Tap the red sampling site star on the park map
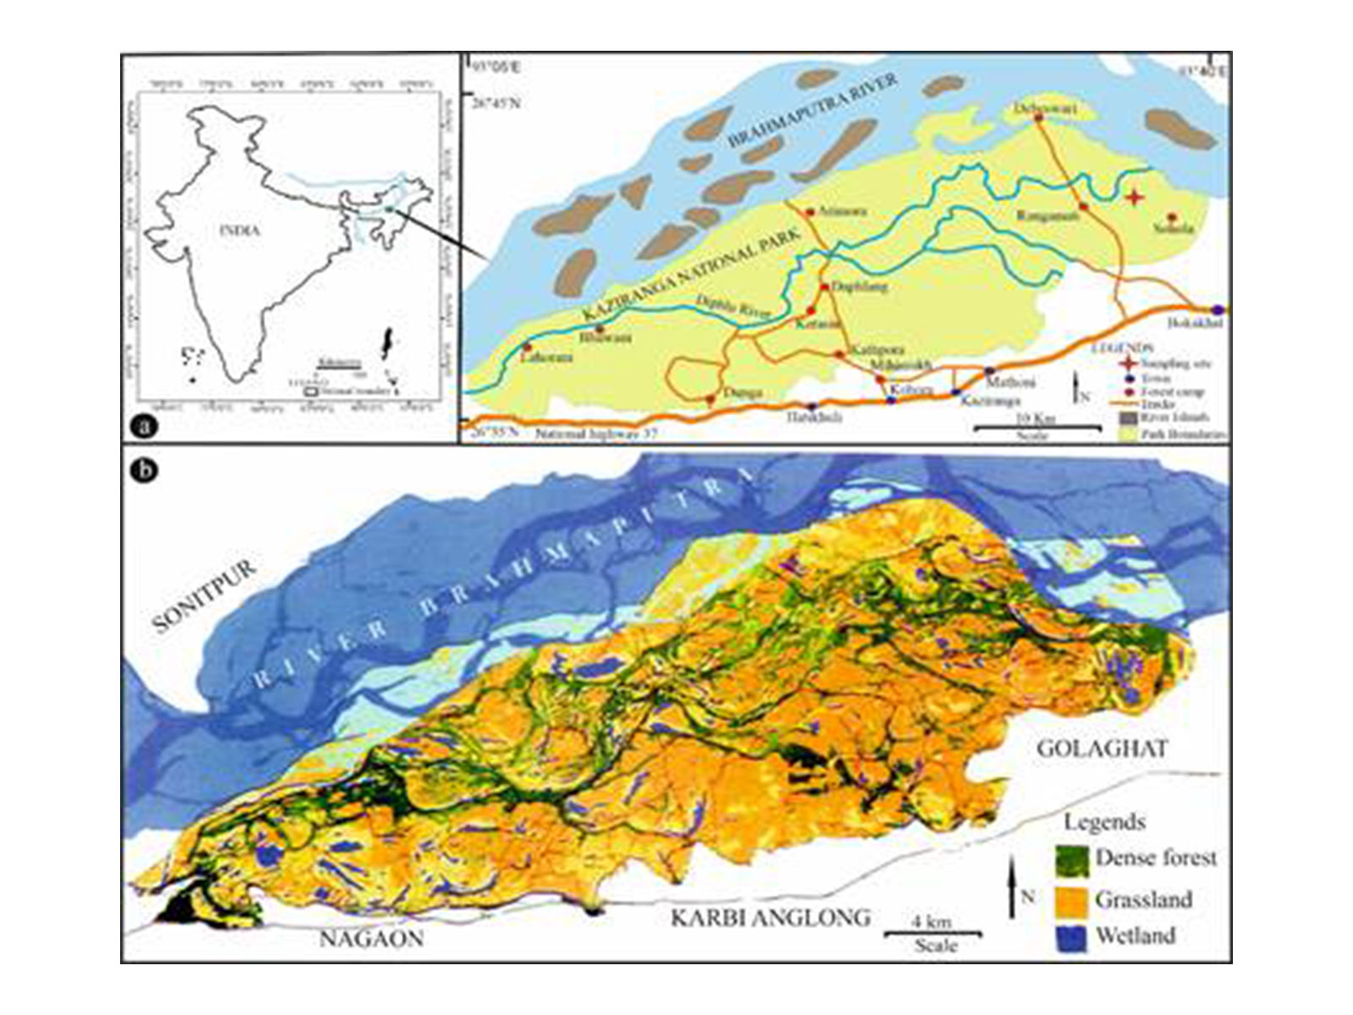(1134, 197)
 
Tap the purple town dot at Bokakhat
(1218, 309)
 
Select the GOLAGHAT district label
(1102, 748)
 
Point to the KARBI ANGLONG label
(770, 917)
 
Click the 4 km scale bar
(934, 934)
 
